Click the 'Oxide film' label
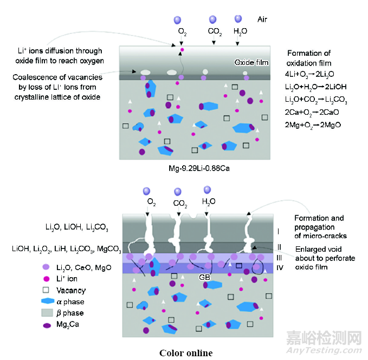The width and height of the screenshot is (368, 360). click(x=251, y=62)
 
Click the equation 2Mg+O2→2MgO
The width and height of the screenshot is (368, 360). click(x=309, y=125)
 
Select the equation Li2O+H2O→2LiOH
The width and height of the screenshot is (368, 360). click(x=315, y=87)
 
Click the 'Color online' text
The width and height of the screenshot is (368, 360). click(x=186, y=353)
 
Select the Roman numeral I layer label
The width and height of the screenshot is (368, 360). click(x=277, y=232)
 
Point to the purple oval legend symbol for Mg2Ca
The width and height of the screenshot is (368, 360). click(x=47, y=325)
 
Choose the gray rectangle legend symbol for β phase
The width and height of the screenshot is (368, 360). click(x=47, y=313)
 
